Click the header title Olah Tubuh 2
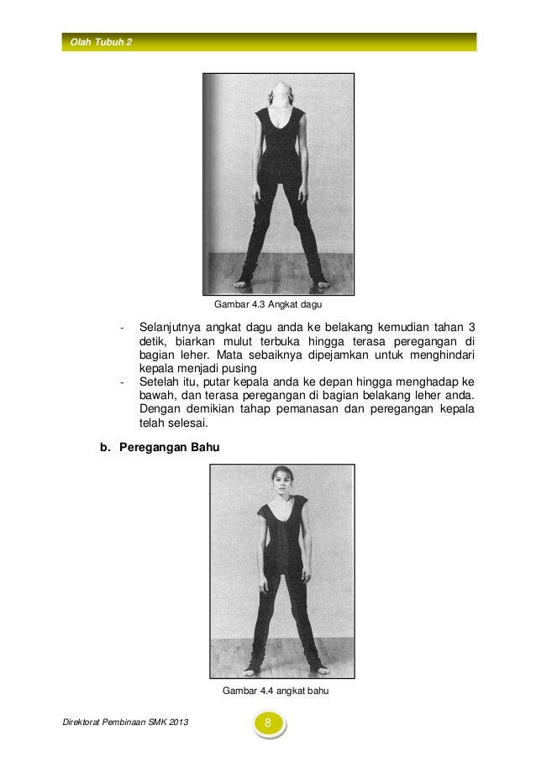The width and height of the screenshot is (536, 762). (101, 42)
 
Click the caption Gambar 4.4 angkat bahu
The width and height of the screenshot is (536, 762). (274, 692)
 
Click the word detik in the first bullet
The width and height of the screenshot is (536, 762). (152, 341)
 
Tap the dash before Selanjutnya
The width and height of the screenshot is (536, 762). (123, 327)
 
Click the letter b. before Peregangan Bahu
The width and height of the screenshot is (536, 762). (106, 449)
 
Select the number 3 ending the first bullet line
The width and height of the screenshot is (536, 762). (470, 327)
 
